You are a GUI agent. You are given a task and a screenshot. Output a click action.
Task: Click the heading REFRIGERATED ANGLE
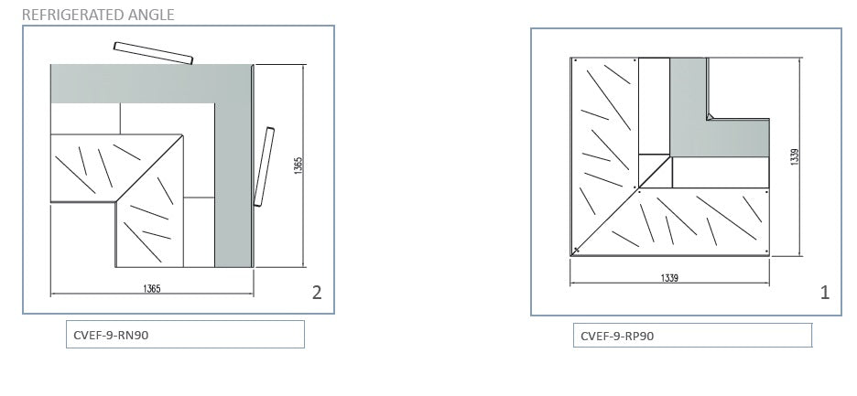(98, 15)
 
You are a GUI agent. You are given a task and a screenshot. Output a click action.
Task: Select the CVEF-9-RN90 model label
(111, 335)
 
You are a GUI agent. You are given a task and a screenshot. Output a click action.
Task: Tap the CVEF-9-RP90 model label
(617, 336)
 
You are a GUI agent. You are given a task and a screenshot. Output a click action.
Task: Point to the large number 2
(317, 293)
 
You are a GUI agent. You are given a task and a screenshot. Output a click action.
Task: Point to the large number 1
(825, 293)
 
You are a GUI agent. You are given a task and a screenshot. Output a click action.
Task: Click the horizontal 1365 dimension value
(152, 288)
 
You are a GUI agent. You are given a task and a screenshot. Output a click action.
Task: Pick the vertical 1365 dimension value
(298, 165)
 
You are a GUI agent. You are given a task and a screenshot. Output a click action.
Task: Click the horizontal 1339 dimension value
(669, 278)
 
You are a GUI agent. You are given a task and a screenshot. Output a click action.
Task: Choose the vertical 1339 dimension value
(796, 156)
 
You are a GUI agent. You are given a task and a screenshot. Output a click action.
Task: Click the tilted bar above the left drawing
(153, 53)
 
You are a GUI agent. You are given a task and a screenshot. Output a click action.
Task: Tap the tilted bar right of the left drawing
(264, 166)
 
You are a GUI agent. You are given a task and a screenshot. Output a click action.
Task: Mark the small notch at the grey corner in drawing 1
(710, 116)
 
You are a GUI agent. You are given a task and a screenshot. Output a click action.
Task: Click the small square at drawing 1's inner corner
(655, 171)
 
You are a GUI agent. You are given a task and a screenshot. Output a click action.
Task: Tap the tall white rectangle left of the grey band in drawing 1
(655, 106)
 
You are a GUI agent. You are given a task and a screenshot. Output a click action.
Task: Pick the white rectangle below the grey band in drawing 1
(721, 173)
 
